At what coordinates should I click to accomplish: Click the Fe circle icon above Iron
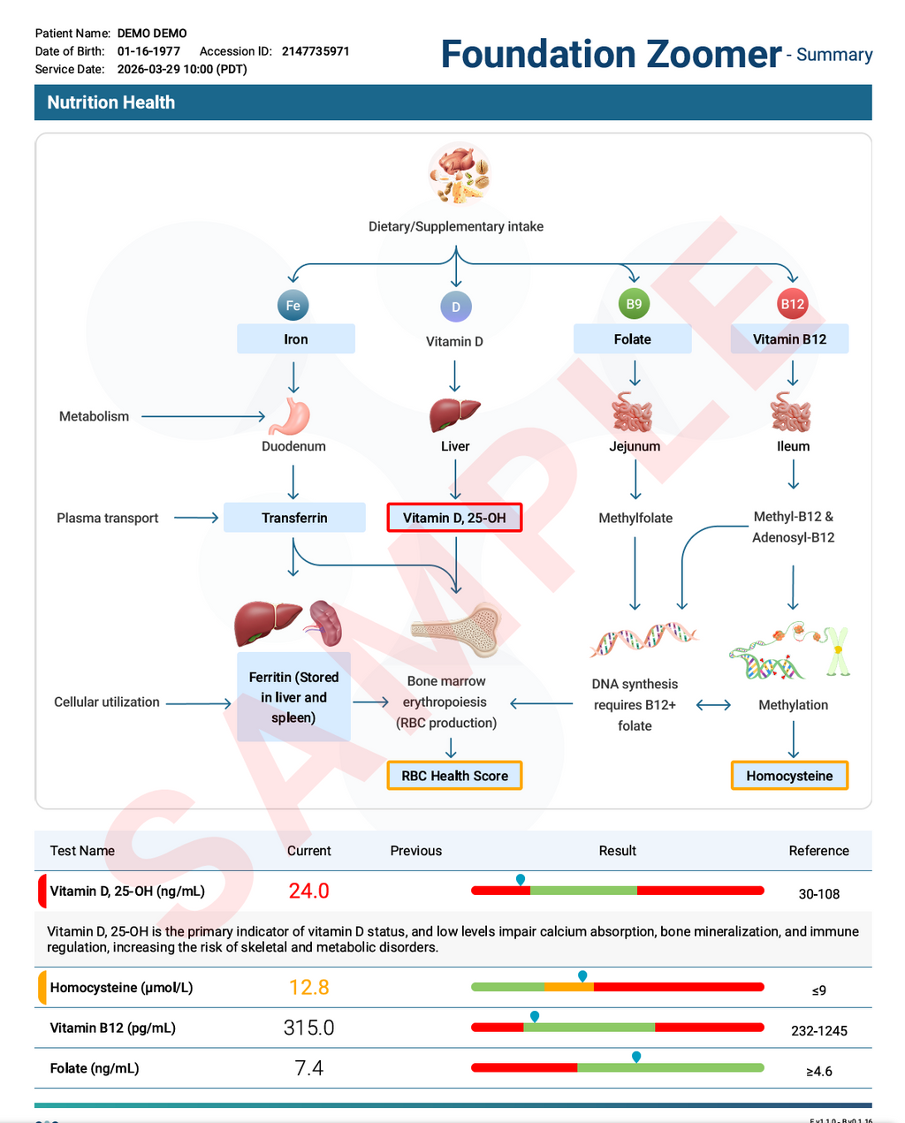pyautogui.click(x=293, y=306)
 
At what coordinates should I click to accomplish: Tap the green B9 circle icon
pyautogui.click(x=634, y=304)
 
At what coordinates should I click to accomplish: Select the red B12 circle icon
pyautogui.click(x=792, y=304)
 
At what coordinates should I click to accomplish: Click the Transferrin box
pyautogui.click(x=294, y=518)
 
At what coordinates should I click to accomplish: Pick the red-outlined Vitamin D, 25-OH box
pyautogui.click(x=454, y=518)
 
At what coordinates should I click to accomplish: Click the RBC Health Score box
pyautogui.click(x=454, y=776)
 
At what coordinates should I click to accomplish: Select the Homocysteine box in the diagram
pyautogui.click(x=789, y=776)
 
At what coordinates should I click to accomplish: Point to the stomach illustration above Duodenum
pyautogui.click(x=290, y=416)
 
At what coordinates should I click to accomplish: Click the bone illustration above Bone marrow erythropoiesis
pyautogui.click(x=456, y=630)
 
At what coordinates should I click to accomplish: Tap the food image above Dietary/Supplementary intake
pyautogui.click(x=460, y=173)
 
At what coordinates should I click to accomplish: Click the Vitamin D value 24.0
pyautogui.click(x=309, y=891)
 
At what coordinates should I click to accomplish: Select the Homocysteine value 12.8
pyautogui.click(x=309, y=987)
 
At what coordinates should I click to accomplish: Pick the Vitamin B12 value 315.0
pyautogui.click(x=309, y=1028)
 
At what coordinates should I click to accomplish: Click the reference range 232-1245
pyautogui.click(x=819, y=1030)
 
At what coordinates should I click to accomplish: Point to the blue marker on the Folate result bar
pyautogui.click(x=636, y=1057)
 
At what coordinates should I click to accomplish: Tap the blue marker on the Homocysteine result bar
pyautogui.click(x=582, y=975)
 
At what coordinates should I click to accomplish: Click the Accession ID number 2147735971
pyautogui.click(x=316, y=51)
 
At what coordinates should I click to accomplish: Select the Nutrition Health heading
pyautogui.click(x=111, y=102)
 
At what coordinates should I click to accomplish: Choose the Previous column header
pyautogui.click(x=416, y=851)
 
